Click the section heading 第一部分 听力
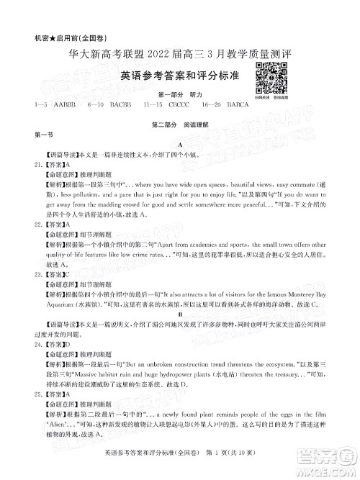(179, 94)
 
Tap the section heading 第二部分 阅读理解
(179, 124)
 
